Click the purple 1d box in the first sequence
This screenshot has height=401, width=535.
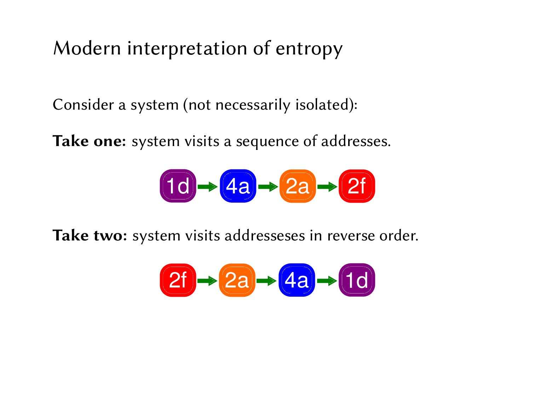pyautogui.click(x=178, y=186)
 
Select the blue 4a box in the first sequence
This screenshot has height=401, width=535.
pyautogui.click(x=238, y=186)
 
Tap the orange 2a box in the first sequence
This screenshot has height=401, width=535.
pyautogui.click(x=297, y=186)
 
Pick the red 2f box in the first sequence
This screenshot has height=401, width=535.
pyautogui.click(x=357, y=186)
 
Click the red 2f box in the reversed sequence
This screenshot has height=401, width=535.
pyautogui.click(x=178, y=280)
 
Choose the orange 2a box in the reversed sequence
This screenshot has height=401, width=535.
pyautogui.click(x=237, y=280)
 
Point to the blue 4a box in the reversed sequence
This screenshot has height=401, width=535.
pyautogui.click(x=297, y=280)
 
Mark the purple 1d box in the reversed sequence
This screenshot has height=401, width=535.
pyautogui.click(x=357, y=280)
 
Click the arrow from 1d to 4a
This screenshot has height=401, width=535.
pyautogui.click(x=208, y=186)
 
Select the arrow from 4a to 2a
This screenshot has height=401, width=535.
pyautogui.click(x=268, y=186)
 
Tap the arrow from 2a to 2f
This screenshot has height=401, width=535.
pyautogui.click(x=327, y=186)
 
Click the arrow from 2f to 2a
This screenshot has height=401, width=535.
pyautogui.click(x=207, y=281)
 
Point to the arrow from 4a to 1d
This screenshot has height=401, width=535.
pyautogui.click(x=327, y=281)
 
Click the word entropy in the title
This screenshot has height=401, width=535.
pyautogui.click(x=309, y=49)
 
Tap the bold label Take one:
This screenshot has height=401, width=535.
pyautogui.click(x=90, y=141)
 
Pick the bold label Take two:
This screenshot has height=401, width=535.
pyautogui.click(x=90, y=236)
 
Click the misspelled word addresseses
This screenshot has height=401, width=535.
pyautogui.click(x=264, y=236)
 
